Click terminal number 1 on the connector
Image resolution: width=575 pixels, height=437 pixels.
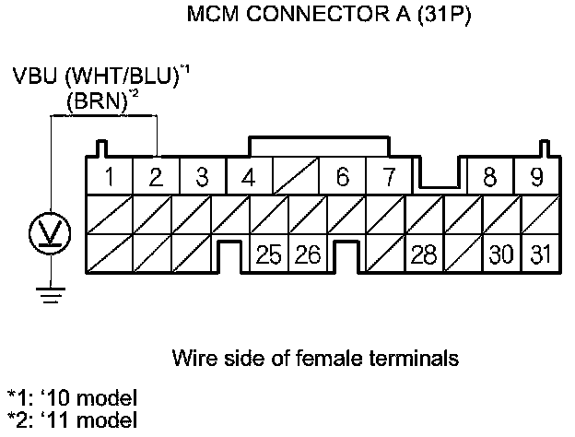tap(109, 177)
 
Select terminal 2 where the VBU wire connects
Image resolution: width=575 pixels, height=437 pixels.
tap(156, 177)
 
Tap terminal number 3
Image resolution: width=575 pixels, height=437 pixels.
tap(202, 177)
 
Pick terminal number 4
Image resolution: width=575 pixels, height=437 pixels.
tap(248, 177)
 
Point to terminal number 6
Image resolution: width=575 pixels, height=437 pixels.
tap(342, 177)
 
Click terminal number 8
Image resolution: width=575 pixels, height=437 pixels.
tap(489, 177)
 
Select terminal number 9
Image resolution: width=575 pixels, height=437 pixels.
tap(535, 177)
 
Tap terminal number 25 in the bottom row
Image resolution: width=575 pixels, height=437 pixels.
tap(268, 254)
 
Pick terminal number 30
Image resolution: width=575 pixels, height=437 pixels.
tap(500, 254)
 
